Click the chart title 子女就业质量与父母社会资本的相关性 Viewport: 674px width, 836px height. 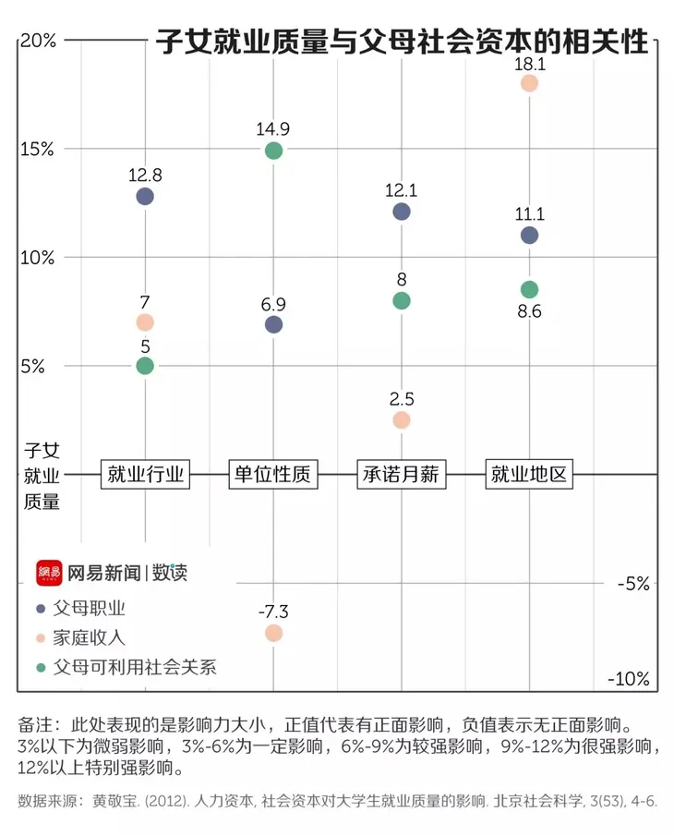[402, 42]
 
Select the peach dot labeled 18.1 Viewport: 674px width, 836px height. [529, 83]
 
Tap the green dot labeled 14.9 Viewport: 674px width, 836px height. [273, 151]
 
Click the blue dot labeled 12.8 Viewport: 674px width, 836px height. [145, 196]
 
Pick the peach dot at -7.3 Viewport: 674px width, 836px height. [273, 633]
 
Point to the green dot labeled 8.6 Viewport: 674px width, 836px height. [529, 289]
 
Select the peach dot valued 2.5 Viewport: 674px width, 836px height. [401, 419]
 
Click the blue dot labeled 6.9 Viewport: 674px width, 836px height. [273, 324]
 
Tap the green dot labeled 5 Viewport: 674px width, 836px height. [145, 366]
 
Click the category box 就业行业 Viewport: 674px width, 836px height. [145, 475]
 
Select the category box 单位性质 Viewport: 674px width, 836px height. [273, 475]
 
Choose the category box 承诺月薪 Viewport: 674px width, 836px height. [401, 475]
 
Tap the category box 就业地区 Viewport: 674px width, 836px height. [529, 475]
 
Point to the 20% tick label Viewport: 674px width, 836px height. [38, 41]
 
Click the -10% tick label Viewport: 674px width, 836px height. [629, 680]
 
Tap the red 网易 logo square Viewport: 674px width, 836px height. [49, 573]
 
